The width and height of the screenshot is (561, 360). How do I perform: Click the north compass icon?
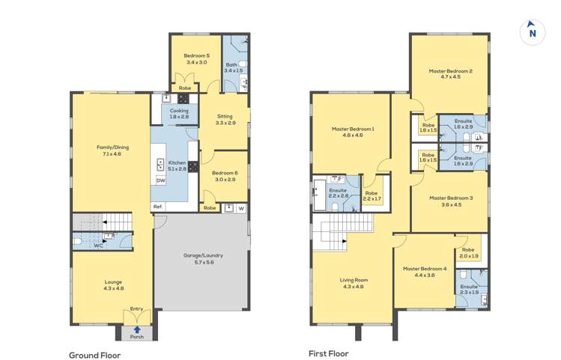click(533, 31)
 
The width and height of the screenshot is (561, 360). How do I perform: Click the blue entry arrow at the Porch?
click(137, 328)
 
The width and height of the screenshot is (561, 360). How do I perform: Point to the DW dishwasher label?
click(160, 180)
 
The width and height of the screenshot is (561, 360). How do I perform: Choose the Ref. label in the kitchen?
click(158, 207)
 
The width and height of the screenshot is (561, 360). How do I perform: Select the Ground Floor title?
click(95, 355)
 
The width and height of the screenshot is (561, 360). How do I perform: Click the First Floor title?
click(328, 353)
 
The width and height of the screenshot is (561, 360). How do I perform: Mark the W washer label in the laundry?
click(241, 208)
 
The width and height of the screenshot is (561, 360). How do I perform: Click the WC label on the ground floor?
click(98, 245)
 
